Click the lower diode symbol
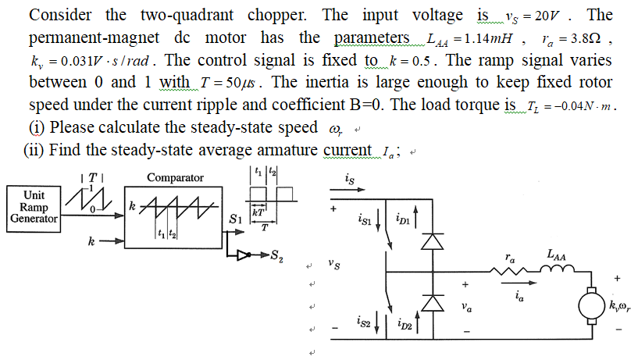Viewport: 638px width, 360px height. (427, 301)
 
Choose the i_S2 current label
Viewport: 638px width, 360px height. (365, 320)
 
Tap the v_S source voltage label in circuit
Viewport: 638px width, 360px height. (334, 266)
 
